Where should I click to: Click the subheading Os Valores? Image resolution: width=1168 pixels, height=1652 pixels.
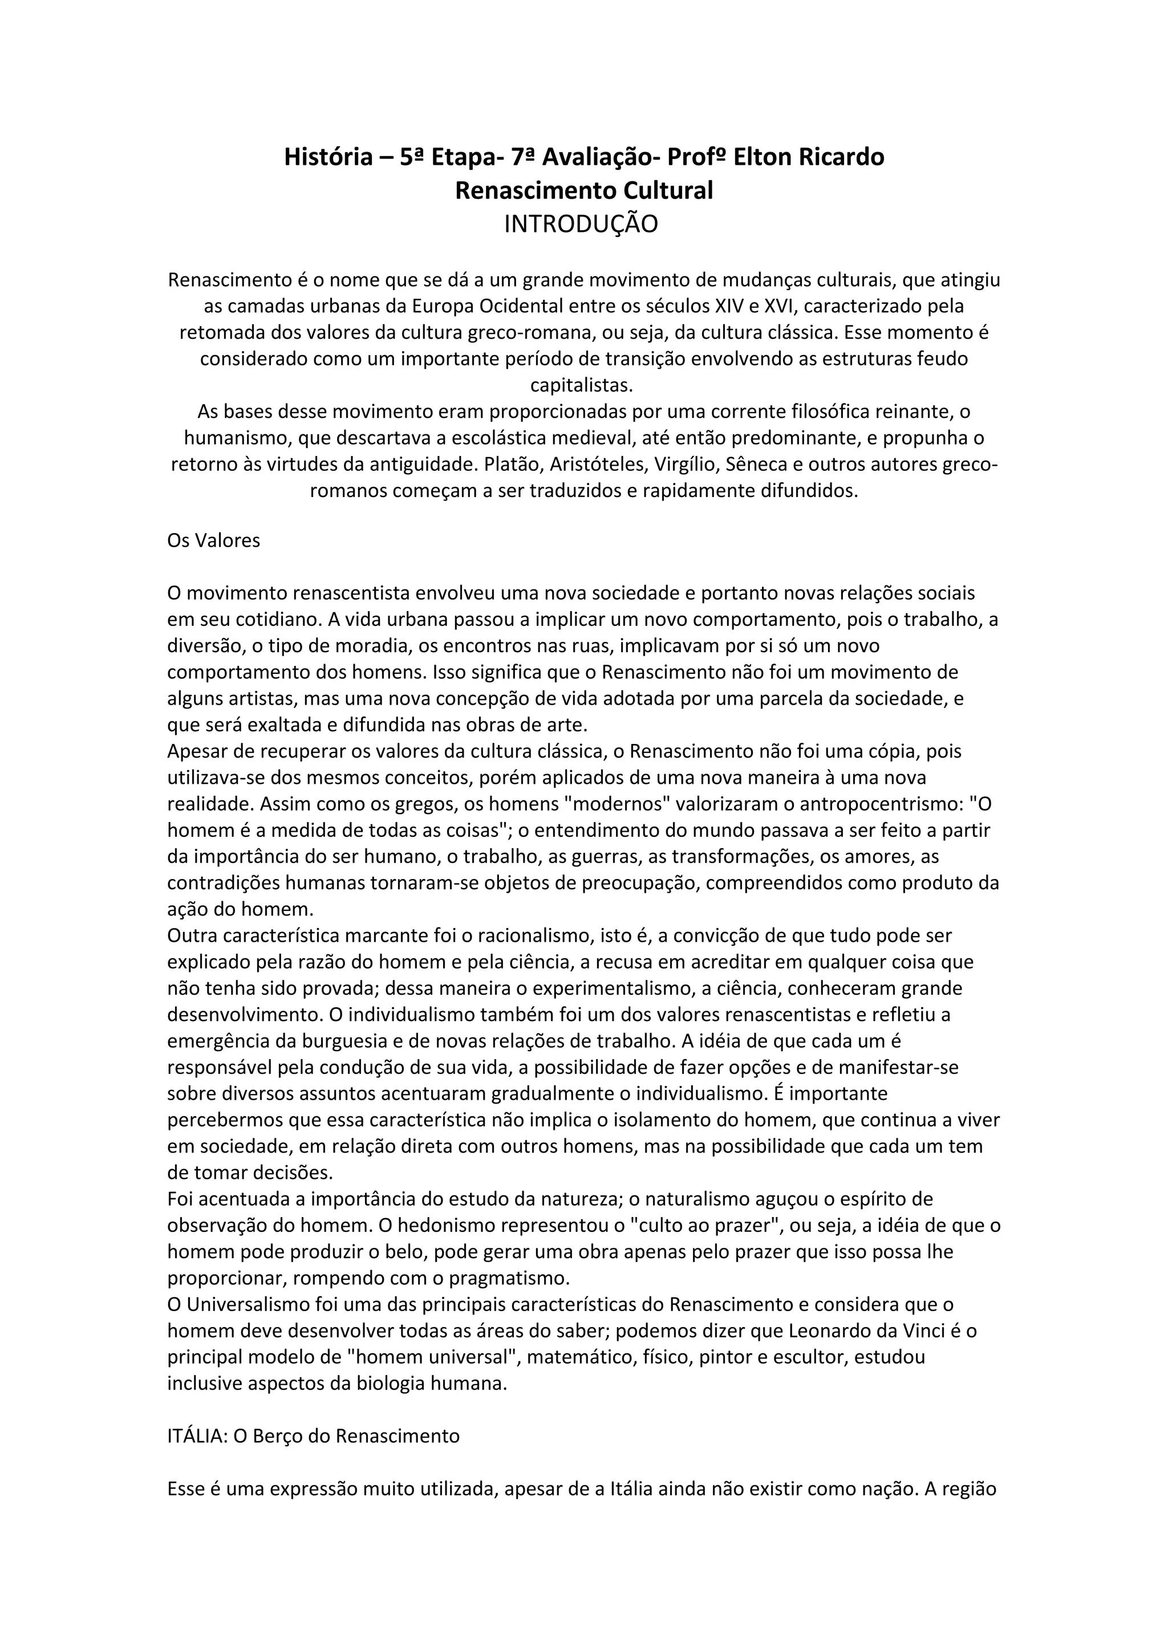coord(214,540)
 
